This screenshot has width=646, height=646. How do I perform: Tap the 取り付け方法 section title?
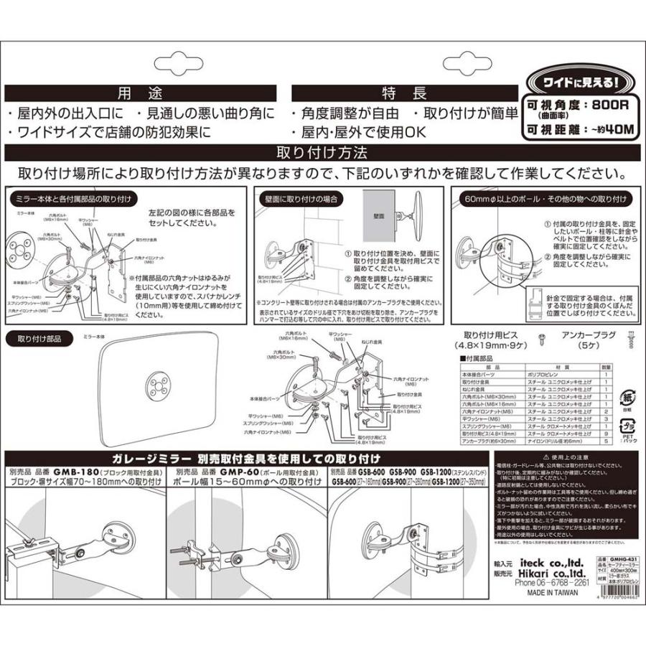(322, 153)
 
